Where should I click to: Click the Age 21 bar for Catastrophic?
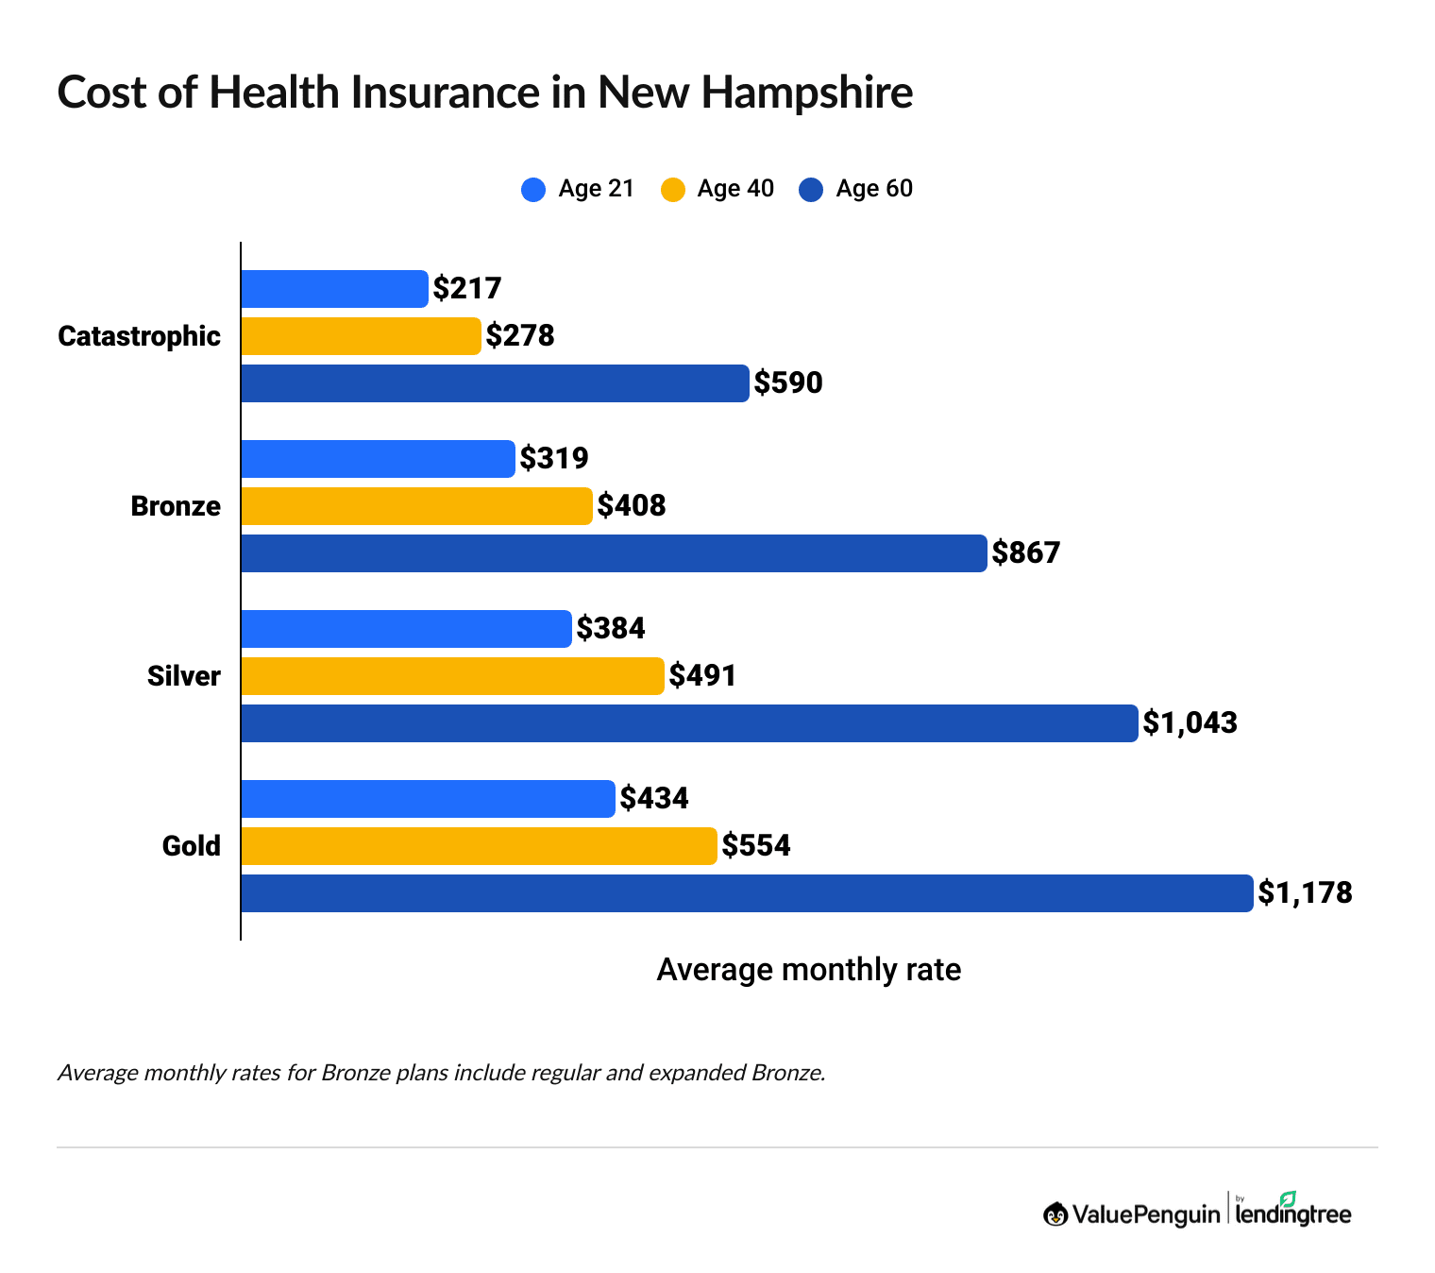[x=334, y=289]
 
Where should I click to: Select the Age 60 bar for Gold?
[x=746, y=893]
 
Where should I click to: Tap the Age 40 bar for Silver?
[x=452, y=676]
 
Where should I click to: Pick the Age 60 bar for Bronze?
[x=614, y=553]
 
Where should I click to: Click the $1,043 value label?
[x=1190, y=723]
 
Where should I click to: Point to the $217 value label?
[x=467, y=289]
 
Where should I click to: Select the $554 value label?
[x=756, y=846]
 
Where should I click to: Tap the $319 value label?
[x=554, y=459]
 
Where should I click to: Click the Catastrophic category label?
[x=139, y=336]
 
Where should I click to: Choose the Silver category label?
[x=183, y=676]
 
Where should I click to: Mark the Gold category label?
[x=191, y=846]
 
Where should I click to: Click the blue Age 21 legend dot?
[x=533, y=190]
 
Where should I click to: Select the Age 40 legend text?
[x=735, y=189]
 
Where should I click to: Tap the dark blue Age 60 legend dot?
[x=811, y=190]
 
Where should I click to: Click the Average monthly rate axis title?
[x=808, y=970]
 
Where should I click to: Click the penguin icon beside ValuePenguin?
[x=1055, y=1214]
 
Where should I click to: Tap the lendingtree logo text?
[x=1293, y=1214]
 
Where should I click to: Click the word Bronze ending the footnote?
[x=787, y=1073]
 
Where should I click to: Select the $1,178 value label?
[x=1305, y=893]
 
